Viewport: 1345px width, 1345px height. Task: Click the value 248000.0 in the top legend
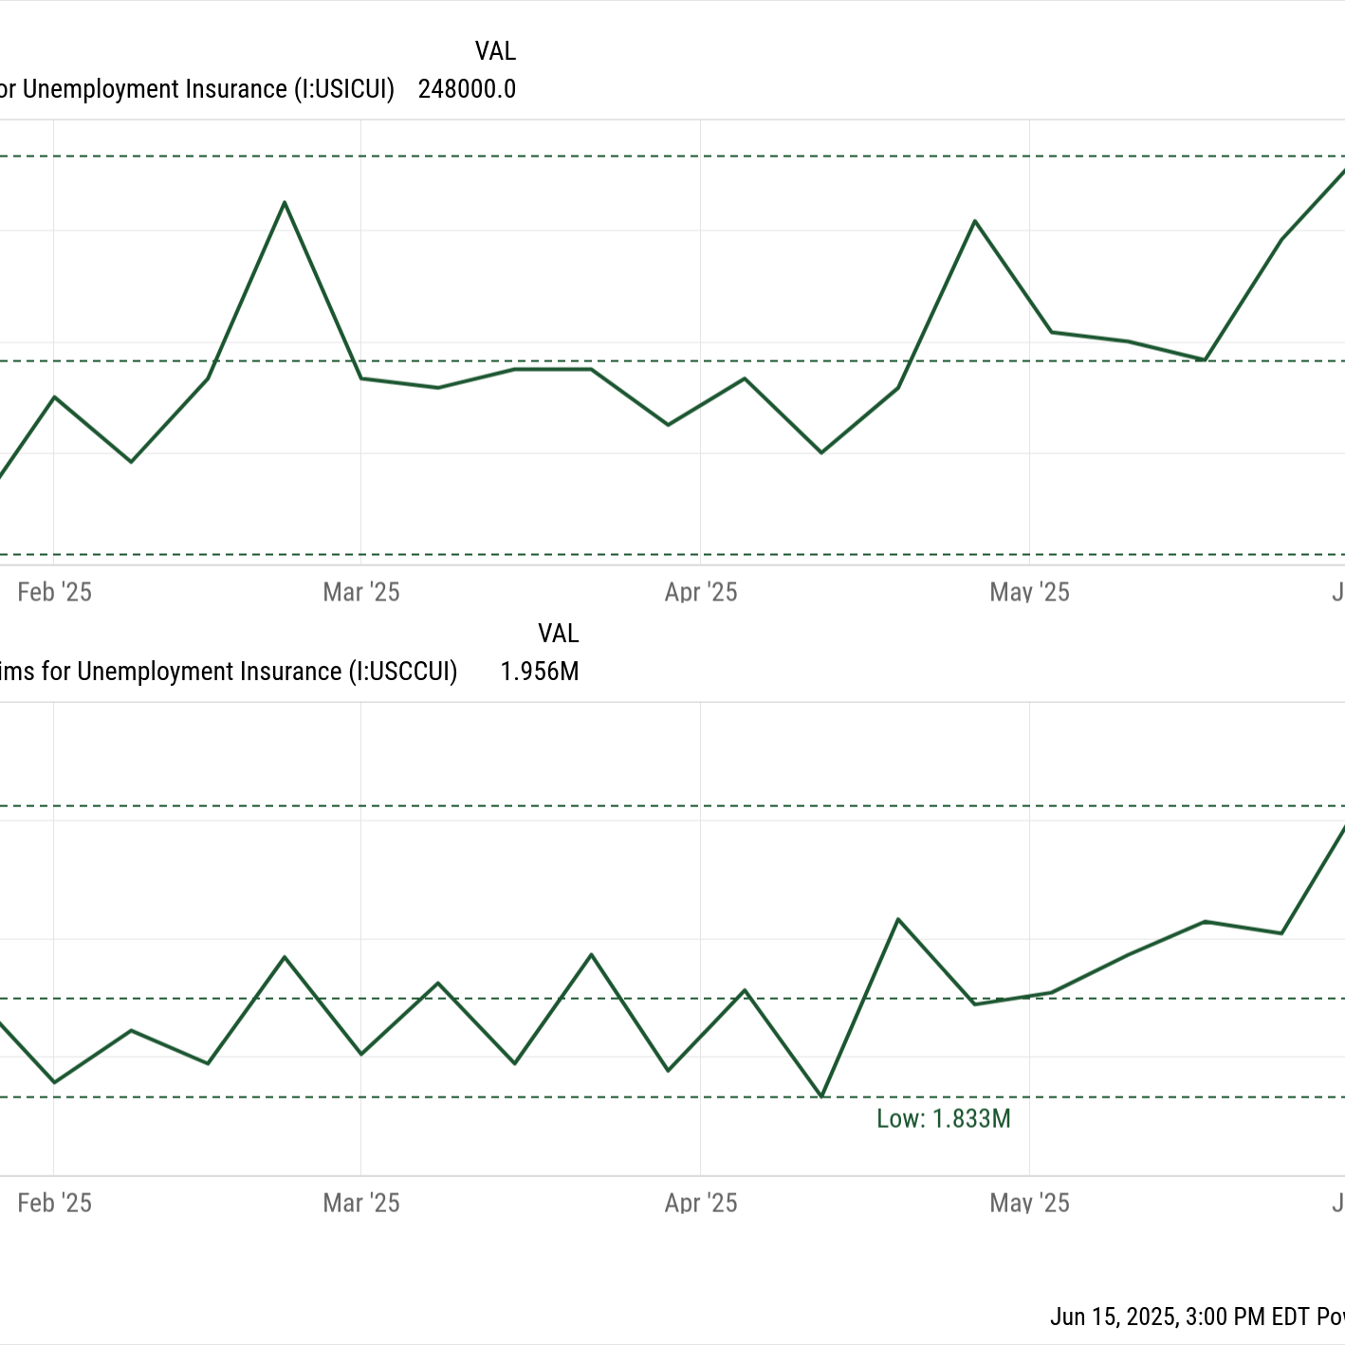(467, 89)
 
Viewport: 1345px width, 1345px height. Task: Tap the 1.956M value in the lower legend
(539, 672)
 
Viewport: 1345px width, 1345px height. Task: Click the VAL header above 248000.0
(495, 51)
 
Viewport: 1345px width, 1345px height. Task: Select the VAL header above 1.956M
(558, 634)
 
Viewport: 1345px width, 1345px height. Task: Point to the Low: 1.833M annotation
(943, 1119)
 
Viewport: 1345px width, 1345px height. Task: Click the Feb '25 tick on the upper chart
(54, 593)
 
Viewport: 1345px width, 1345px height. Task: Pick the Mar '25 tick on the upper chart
(361, 593)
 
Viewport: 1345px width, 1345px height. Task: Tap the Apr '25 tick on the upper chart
(701, 593)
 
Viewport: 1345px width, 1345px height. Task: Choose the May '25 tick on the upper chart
(1029, 593)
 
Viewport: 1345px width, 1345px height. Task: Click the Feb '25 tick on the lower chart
(54, 1204)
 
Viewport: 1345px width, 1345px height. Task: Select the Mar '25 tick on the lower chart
(361, 1204)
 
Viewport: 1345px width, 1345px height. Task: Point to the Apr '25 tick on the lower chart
(701, 1204)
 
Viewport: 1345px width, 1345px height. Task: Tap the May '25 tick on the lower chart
(1029, 1204)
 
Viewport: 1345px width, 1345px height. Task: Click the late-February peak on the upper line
(285, 203)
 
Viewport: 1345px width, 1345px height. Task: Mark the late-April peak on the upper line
(975, 221)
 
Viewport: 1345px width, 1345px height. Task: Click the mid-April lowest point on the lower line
(822, 1096)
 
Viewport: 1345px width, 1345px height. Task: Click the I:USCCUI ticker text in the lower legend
(403, 672)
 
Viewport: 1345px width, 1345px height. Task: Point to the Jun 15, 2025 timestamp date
(1114, 1317)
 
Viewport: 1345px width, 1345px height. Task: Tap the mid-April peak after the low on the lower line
(898, 919)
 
